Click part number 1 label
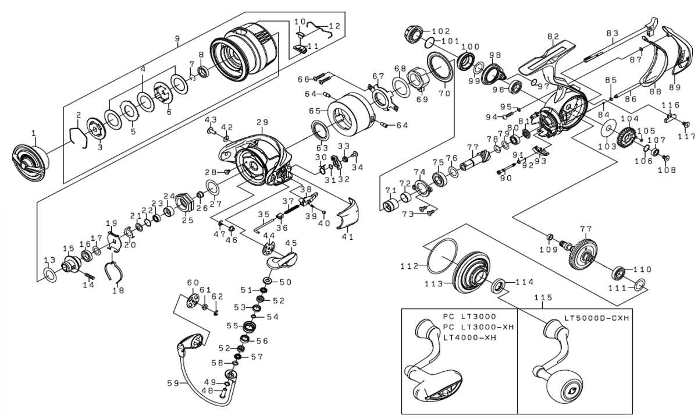point(33,134)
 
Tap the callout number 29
point(261,123)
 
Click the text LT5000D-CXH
point(597,318)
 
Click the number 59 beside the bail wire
point(174,383)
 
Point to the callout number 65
point(315,110)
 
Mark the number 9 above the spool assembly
point(177,38)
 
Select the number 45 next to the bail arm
point(291,242)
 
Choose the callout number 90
point(505,178)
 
